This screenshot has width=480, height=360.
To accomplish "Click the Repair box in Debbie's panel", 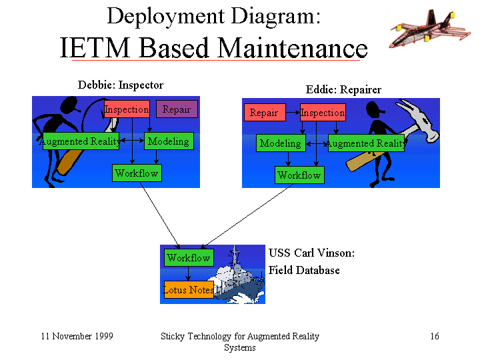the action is click(x=177, y=109).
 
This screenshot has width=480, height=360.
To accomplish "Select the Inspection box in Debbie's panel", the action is click(x=127, y=109).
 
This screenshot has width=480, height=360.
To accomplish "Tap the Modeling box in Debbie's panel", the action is click(x=169, y=141).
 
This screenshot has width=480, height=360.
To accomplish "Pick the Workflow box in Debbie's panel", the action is click(x=137, y=173).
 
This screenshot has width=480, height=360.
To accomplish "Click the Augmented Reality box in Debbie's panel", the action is click(x=81, y=141).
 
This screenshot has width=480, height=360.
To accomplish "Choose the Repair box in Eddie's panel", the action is click(x=265, y=113).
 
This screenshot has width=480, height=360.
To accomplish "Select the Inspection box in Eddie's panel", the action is click(x=323, y=113).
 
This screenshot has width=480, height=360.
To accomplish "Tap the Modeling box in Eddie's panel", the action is click(x=281, y=143).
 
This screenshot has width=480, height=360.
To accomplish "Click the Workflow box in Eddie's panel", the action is click(x=299, y=175).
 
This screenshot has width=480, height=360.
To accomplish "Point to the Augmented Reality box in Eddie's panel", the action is click(x=366, y=143).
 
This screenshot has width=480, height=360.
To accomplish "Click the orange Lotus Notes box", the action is click(x=189, y=289).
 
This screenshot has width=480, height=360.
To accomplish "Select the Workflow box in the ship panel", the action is click(x=189, y=258).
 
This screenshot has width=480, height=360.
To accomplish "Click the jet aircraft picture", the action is click(x=429, y=29).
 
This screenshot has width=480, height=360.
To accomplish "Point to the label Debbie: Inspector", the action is click(x=121, y=85).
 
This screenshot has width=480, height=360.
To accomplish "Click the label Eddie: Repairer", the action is click(x=343, y=89).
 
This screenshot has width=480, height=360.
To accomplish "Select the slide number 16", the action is click(x=435, y=336).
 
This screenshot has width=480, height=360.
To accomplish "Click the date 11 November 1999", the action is click(x=77, y=336).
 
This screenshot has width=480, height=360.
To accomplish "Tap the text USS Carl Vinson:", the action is click(x=311, y=253).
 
